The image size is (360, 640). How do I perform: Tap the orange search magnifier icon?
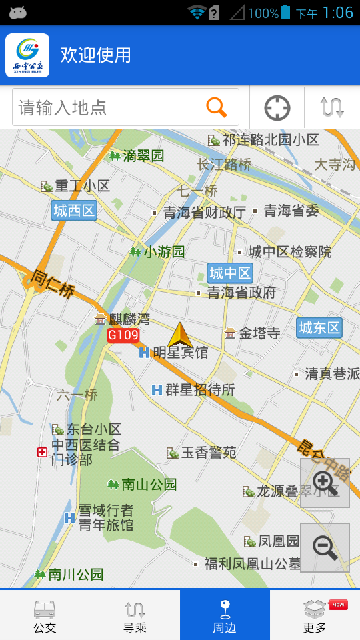(216, 107)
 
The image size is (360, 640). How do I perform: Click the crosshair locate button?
(277, 107)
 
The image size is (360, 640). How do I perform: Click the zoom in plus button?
(325, 483)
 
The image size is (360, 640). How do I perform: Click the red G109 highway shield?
(123, 335)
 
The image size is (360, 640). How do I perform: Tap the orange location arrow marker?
(180, 335)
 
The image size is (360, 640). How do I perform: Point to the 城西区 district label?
(74, 211)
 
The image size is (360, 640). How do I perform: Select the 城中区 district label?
(230, 273)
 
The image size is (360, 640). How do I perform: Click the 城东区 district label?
(319, 327)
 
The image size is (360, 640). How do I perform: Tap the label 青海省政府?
(241, 292)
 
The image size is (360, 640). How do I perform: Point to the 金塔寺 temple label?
(259, 333)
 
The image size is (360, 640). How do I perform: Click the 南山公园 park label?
(149, 484)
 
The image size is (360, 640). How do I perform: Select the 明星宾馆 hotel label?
(180, 353)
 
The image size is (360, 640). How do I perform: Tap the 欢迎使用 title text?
(96, 55)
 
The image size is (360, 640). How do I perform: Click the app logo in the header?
(27, 55)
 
